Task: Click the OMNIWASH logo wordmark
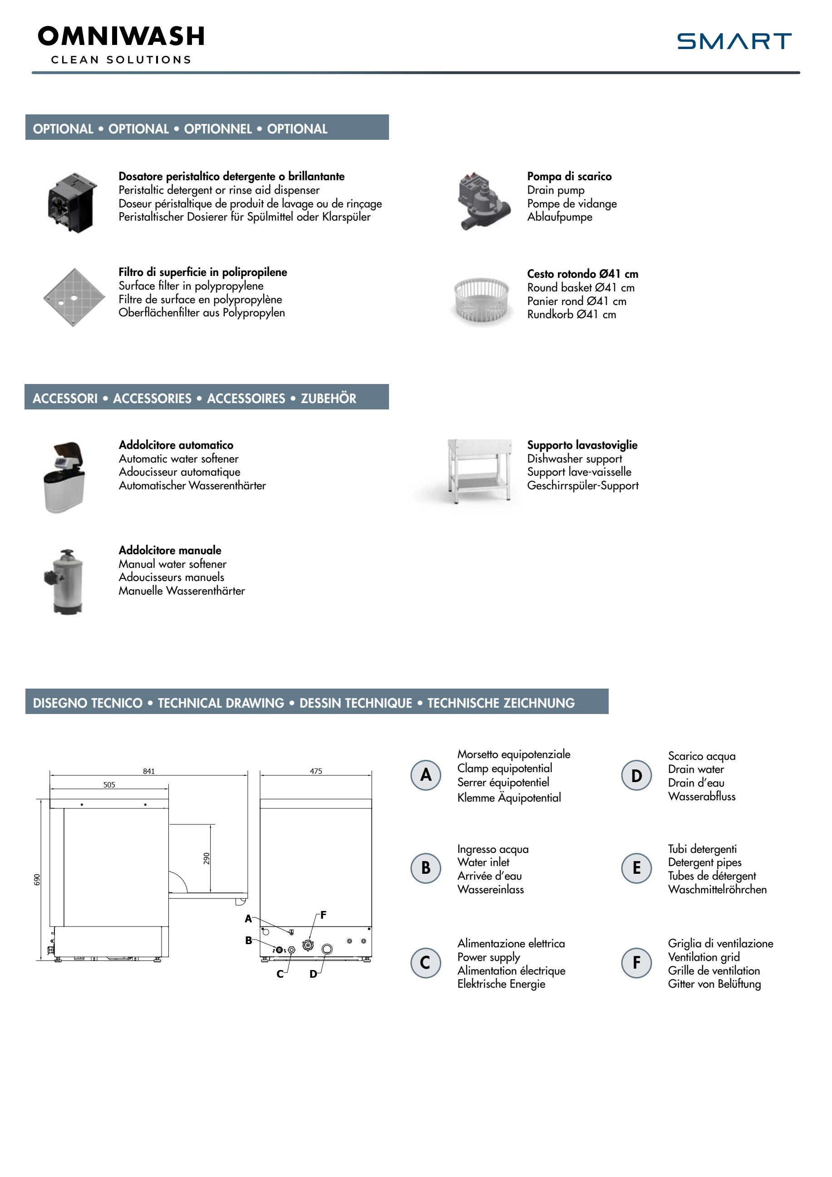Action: (x=121, y=37)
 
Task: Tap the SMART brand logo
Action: (x=734, y=41)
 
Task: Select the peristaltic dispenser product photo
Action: (x=72, y=202)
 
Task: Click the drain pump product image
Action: (x=482, y=202)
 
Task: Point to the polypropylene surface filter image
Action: (x=74, y=297)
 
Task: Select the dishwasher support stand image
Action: (x=479, y=471)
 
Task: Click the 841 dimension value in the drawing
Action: (x=149, y=771)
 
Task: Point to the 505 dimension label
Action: (x=109, y=785)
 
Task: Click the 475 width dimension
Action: (x=316, y=771)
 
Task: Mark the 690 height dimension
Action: (x=37, y=880)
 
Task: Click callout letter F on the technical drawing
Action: (x=324, y=915)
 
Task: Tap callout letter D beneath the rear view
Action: (x=313, y=974)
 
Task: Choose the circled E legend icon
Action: (x=636, y=868)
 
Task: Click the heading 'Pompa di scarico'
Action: (x=569, y=176)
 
